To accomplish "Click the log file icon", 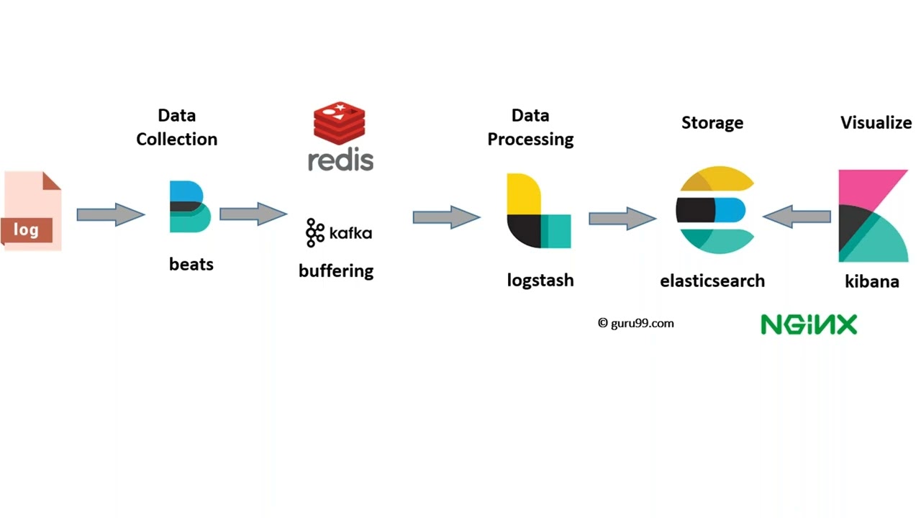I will tap(32, 211).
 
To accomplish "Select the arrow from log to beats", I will tap(110, 214).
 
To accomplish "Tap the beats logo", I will tap(190, 206).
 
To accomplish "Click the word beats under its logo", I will tap(191, 264).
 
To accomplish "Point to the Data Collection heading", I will tap(177, 127).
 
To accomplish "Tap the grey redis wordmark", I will tap(340, 160).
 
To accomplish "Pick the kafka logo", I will tap(339, 232).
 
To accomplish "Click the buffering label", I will tap(336, 271).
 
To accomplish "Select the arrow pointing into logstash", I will tap(446, 217).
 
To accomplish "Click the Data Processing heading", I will tap(530, 127).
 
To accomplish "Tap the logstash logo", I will tap(538, 211).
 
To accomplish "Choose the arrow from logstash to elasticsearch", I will tap(622, 219).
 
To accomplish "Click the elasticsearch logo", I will tap(714, 210).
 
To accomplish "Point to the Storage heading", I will tap(712, 123).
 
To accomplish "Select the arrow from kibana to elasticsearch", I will tap(797, 216).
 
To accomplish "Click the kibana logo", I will tap(873, 216).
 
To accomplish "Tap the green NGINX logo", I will tap(809, 324).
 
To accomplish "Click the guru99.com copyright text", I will tap(636, 323).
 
